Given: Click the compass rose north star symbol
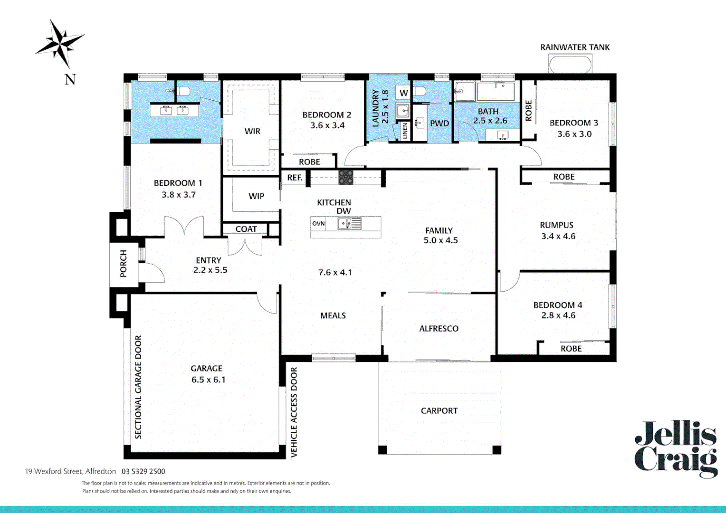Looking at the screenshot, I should click(59, 43).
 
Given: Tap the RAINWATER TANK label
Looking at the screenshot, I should click(574, 47).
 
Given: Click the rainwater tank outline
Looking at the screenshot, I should click(570, 63).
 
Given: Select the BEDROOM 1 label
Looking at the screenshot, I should click(178, 183).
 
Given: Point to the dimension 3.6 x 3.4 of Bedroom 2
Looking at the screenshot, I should click(327, 125).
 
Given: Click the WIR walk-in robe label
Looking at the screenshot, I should click(252, 131).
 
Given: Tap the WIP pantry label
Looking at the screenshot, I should click(256, 196).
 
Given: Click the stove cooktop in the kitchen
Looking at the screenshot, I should click(345, 178).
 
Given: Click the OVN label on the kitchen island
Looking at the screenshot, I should click(318, 223).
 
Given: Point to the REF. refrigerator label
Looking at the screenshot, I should click(295, 178).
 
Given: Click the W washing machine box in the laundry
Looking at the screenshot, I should click(403, 93).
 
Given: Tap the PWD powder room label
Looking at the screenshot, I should click(439, 123).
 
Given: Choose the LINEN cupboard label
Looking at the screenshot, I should click(405, 131).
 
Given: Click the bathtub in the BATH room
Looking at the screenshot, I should click(496, 92).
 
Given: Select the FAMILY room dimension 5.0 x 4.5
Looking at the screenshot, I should click(440, 240).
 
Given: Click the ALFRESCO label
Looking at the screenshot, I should click(439, 329).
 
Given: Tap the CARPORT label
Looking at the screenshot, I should click(439, 411).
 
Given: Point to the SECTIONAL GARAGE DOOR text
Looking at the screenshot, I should click(138, 387).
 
